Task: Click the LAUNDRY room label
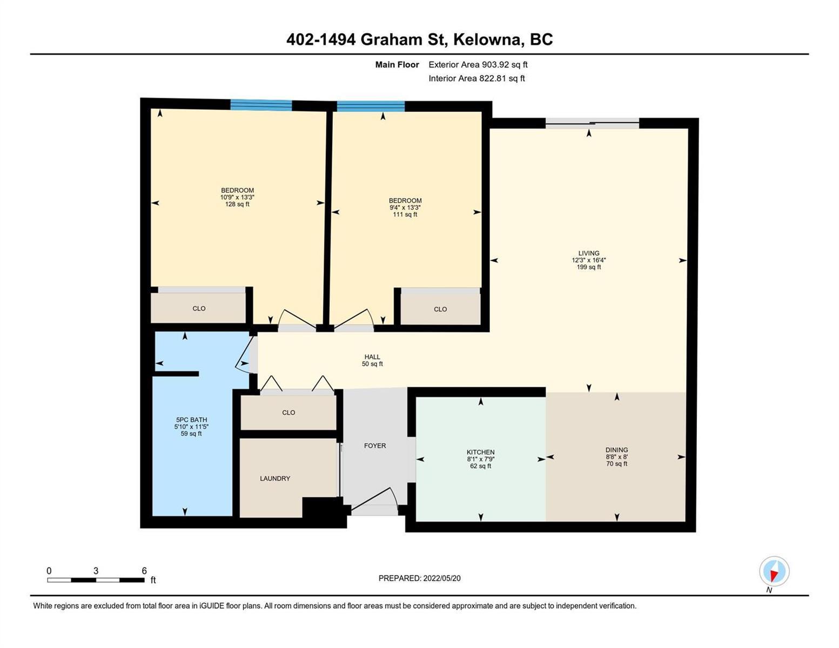click(274, 478)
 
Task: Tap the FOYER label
click(374, 446)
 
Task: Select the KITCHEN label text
click(480, 452)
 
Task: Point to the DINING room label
click(616, 450)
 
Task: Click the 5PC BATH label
click(191, 420)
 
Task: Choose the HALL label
click(372, 356)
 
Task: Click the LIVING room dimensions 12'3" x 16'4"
click(589, 260)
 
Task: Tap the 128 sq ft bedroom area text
click(237, 204)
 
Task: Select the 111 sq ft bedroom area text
click(405, 214)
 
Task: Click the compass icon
click(774, 571)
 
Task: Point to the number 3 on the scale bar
click(96, 570)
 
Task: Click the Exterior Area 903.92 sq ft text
click(478, 64)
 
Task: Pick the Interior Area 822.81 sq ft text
click(477, 78)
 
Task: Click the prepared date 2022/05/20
click(442, 578)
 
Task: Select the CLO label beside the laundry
click(288, 413)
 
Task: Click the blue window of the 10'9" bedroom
click(261, 105)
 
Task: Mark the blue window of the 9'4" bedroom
click(371, 106)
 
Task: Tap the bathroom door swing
click(245, 354)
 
